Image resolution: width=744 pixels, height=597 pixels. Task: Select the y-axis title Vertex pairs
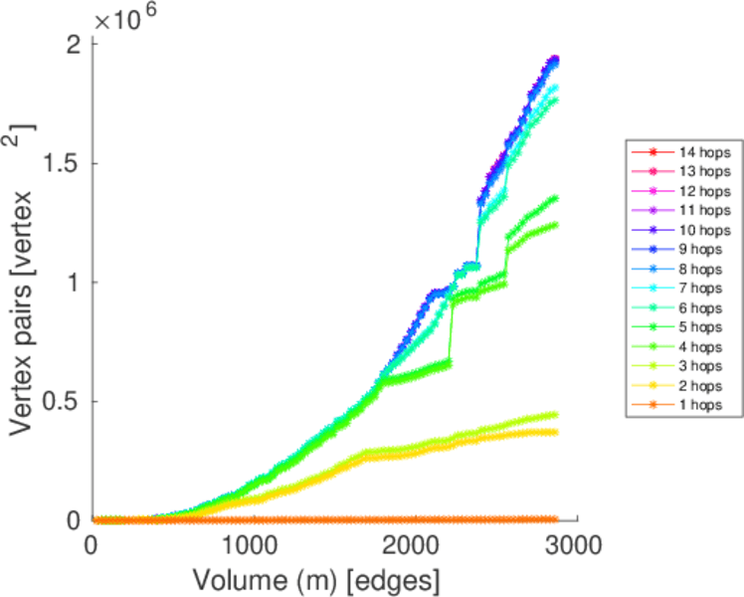pos(24,279)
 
